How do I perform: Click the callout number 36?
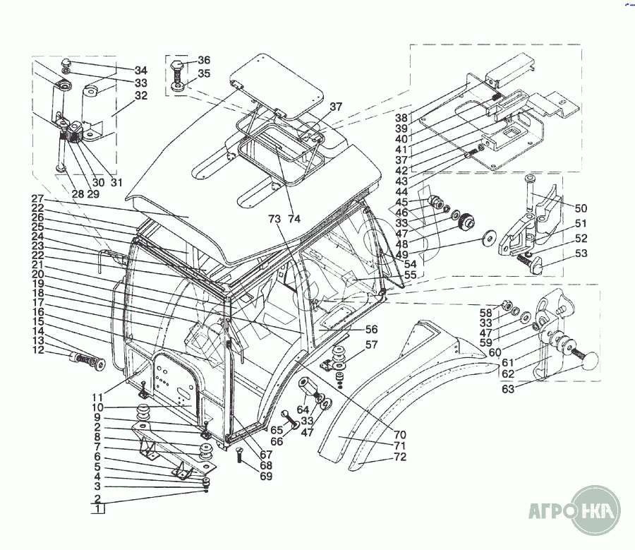tap(204, 60)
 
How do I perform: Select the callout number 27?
tap(37, 199)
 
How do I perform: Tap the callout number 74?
tap(294, 219)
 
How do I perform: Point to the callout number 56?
tap(371, 329)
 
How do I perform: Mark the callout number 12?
tap(37, 350)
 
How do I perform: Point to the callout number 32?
tap(141, 95)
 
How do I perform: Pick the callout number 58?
tap(485, 313)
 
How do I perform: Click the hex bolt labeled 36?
tap(178, 70)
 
